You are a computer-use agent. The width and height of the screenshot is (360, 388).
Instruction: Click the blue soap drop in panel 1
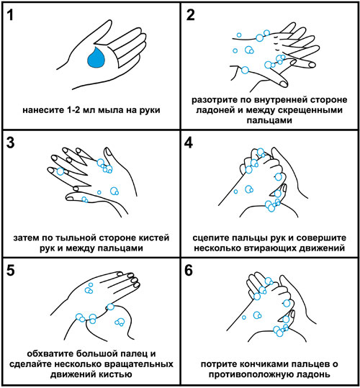(x=96, y=58)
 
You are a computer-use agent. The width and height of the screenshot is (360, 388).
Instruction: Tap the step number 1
(x=10, y=15)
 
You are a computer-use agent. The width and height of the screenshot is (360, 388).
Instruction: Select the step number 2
(x=190, y=15)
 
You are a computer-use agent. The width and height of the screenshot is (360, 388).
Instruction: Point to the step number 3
(x=10, y=143)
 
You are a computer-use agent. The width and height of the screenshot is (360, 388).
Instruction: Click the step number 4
(x=189, y=143)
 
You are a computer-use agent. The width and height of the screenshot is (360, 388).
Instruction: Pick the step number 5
(x=11, y=270)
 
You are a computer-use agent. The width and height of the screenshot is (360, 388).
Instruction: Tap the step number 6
(x=189, y=270)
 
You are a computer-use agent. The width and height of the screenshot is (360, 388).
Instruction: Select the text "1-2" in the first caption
(x=73, y=110)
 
